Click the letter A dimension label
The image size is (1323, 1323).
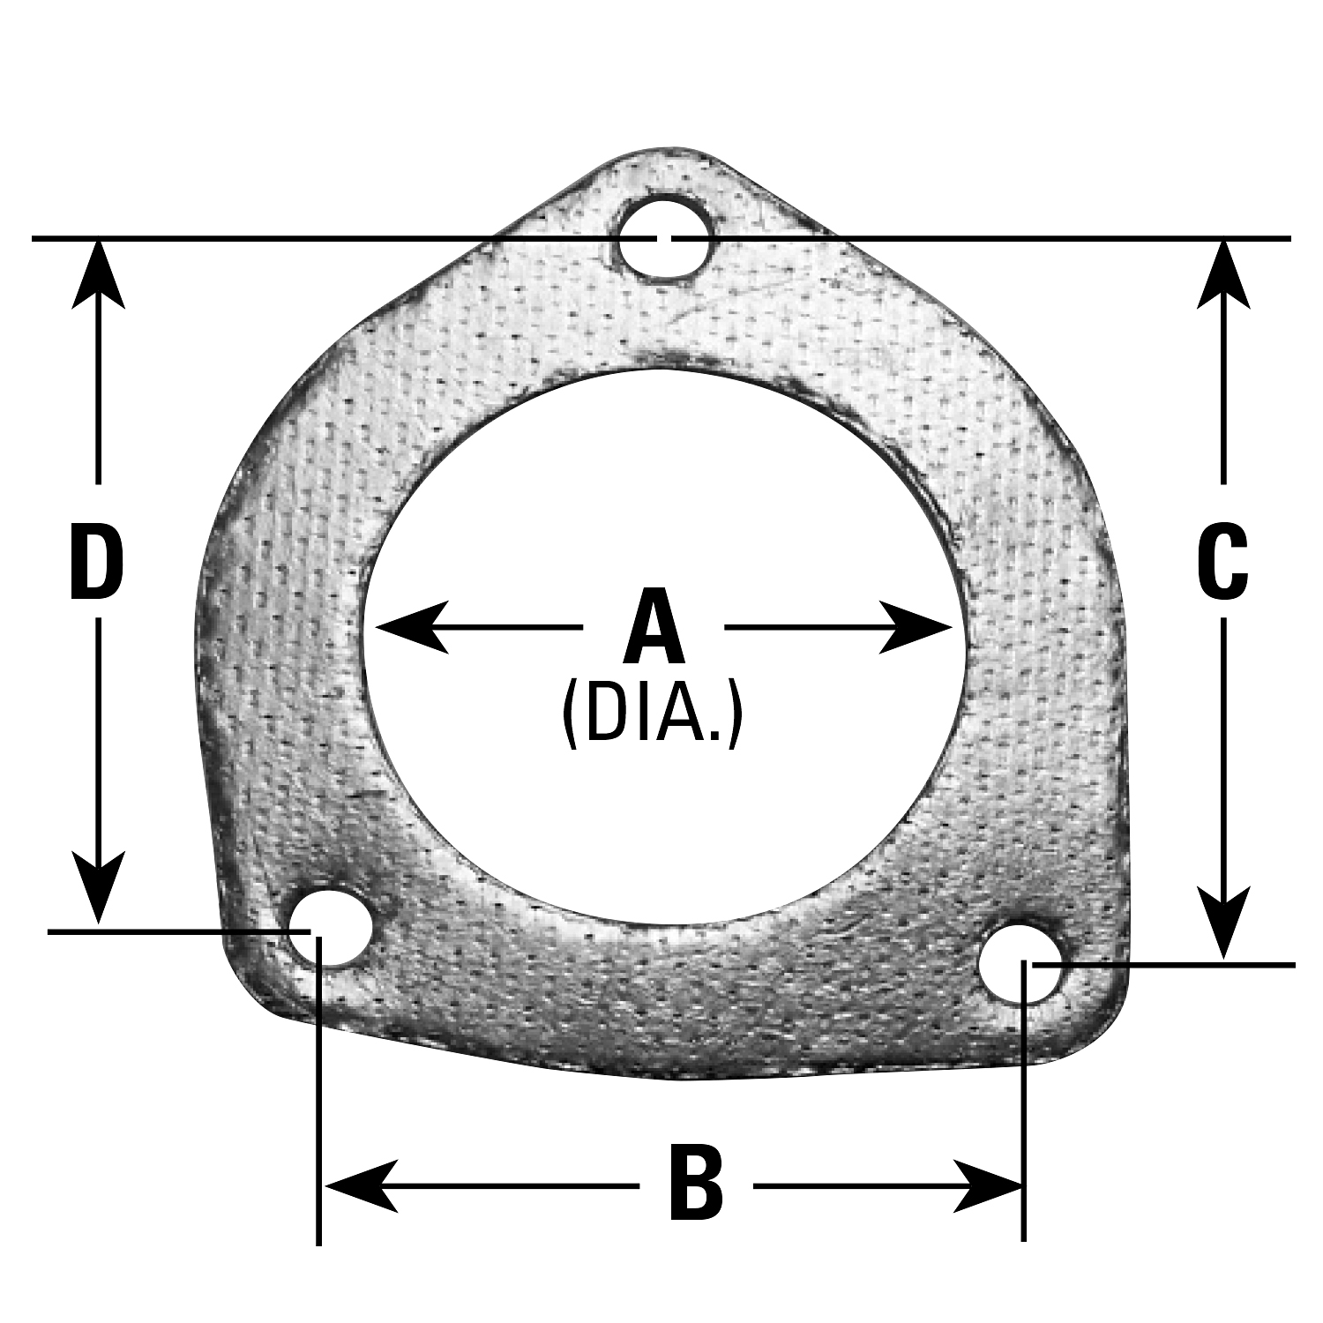point(654,627)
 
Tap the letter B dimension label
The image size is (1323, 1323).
point(696,1183)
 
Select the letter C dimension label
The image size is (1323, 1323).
point(1222,559)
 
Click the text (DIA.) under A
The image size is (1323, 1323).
point(653,713)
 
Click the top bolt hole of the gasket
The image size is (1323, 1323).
point(664,238)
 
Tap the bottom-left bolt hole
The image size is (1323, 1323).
point(329,928)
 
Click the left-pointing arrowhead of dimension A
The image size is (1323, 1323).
point(413,627)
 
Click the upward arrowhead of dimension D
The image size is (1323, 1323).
point(98,275)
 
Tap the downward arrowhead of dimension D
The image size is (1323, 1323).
point(98,888)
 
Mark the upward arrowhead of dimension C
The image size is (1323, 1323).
point(1223,275)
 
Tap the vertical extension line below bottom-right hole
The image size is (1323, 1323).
point(1023,1102)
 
